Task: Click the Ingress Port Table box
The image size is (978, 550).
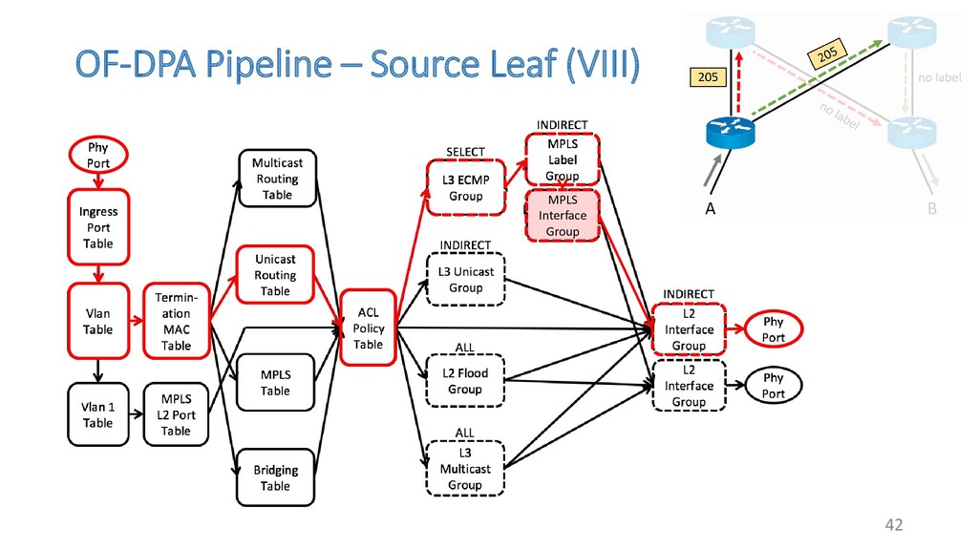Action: (98, 227)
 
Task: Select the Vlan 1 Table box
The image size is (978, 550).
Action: (98, 414)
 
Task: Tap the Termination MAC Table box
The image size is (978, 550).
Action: (177, 321)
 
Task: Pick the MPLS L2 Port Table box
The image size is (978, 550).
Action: (176, 414)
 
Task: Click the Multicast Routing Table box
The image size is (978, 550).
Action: (278, 179)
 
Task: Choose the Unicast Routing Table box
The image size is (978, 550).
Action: (275, 275)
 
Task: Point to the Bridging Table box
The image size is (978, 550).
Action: (276, 477)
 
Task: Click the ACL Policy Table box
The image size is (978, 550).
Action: (368, 328)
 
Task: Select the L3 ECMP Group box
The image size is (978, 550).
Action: (466, 188)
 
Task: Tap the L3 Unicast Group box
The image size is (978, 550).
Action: (466, 280)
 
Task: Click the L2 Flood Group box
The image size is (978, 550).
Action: (465, 381)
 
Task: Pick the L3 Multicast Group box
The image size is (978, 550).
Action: (465, 469)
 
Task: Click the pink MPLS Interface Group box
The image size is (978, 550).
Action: (563, 216)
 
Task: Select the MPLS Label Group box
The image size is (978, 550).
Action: (563, 159)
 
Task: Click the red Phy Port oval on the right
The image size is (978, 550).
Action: (774, 329)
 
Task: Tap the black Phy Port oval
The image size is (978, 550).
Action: (774, 386)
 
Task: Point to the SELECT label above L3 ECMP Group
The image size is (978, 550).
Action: (465, 152)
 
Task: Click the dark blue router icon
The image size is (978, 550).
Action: (731, 132)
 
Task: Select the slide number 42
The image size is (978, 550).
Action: (894, 524)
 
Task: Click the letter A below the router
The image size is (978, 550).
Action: (710, 209)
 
